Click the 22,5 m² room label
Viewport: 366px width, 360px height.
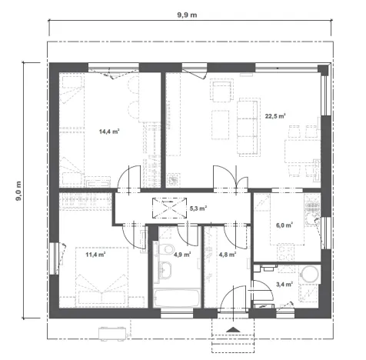click(x=275, y=116)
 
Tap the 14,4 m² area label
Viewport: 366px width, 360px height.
click(x=108, y=132)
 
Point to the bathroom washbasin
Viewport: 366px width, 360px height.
click(x=165, y=269)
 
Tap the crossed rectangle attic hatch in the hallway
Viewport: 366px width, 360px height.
click(x=165, y=208)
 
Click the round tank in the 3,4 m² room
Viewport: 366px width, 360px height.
click(x=311, y=274)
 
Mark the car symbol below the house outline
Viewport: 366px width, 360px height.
click(x=112, y=332)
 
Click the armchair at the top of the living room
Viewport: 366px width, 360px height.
click(x=221, y=92)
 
